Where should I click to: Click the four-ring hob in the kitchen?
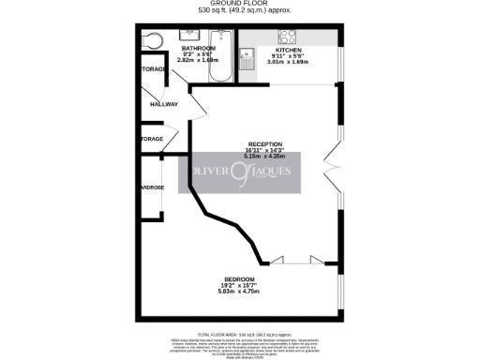click(288, 38)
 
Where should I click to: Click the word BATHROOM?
click(198, 48)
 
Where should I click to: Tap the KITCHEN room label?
click(288, 49)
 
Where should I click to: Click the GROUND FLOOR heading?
click(240, 4)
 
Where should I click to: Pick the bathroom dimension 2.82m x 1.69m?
click(198, 60)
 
